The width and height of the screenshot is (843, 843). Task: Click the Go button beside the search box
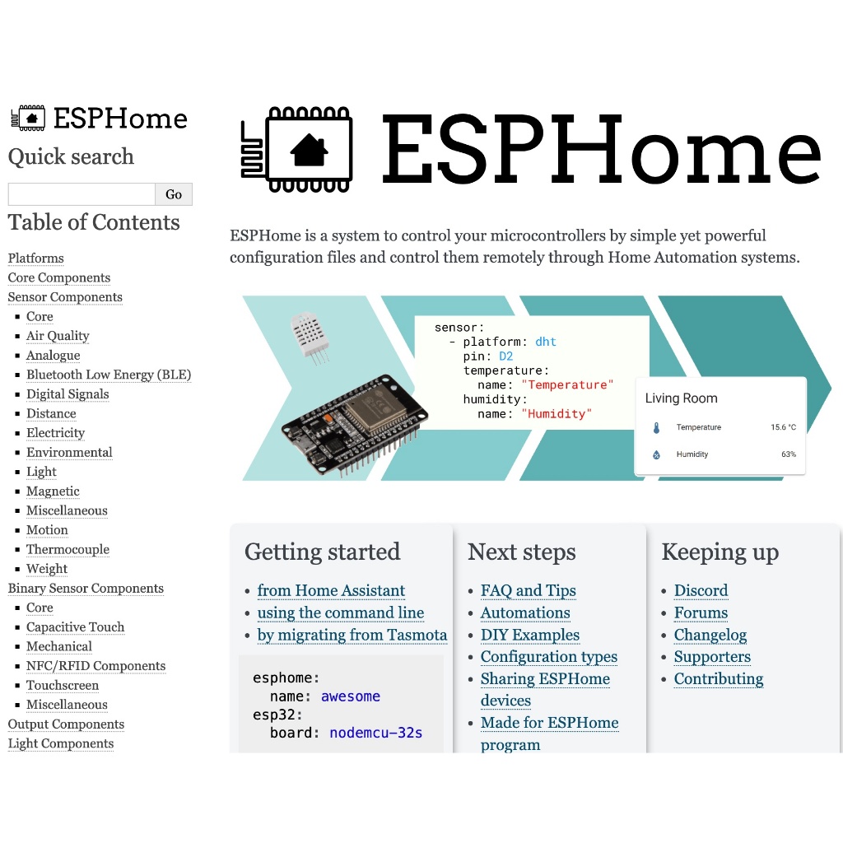coord(174,194)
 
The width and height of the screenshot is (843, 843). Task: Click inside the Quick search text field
coord(82,194)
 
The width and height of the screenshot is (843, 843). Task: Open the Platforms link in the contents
coord(36,258)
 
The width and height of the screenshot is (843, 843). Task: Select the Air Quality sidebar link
coord(58,336)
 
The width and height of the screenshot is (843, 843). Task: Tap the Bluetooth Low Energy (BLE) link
coord(109,375)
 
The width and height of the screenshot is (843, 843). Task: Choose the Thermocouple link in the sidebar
coord(68,549)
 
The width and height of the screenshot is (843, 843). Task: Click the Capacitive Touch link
coord(76,627)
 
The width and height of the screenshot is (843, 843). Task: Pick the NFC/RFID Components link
coord(95,666)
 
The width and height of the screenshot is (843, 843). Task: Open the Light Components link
coord(61,743)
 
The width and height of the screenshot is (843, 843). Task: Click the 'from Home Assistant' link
coord(331,591)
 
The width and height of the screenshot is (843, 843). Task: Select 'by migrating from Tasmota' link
coord(352,635)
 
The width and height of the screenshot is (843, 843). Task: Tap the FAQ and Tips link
coord(529,591)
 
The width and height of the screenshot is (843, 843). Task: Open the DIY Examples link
coord(530,635)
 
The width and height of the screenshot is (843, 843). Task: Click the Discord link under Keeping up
coord(701,591)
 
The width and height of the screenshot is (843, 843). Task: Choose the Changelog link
coord(710,635)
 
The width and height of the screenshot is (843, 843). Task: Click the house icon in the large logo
coord(310,151)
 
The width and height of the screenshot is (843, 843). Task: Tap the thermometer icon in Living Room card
coord(656,428)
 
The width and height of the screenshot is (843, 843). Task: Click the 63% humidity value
coord(789,454)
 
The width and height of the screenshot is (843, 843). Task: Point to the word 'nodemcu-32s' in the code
coord(376,733)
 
